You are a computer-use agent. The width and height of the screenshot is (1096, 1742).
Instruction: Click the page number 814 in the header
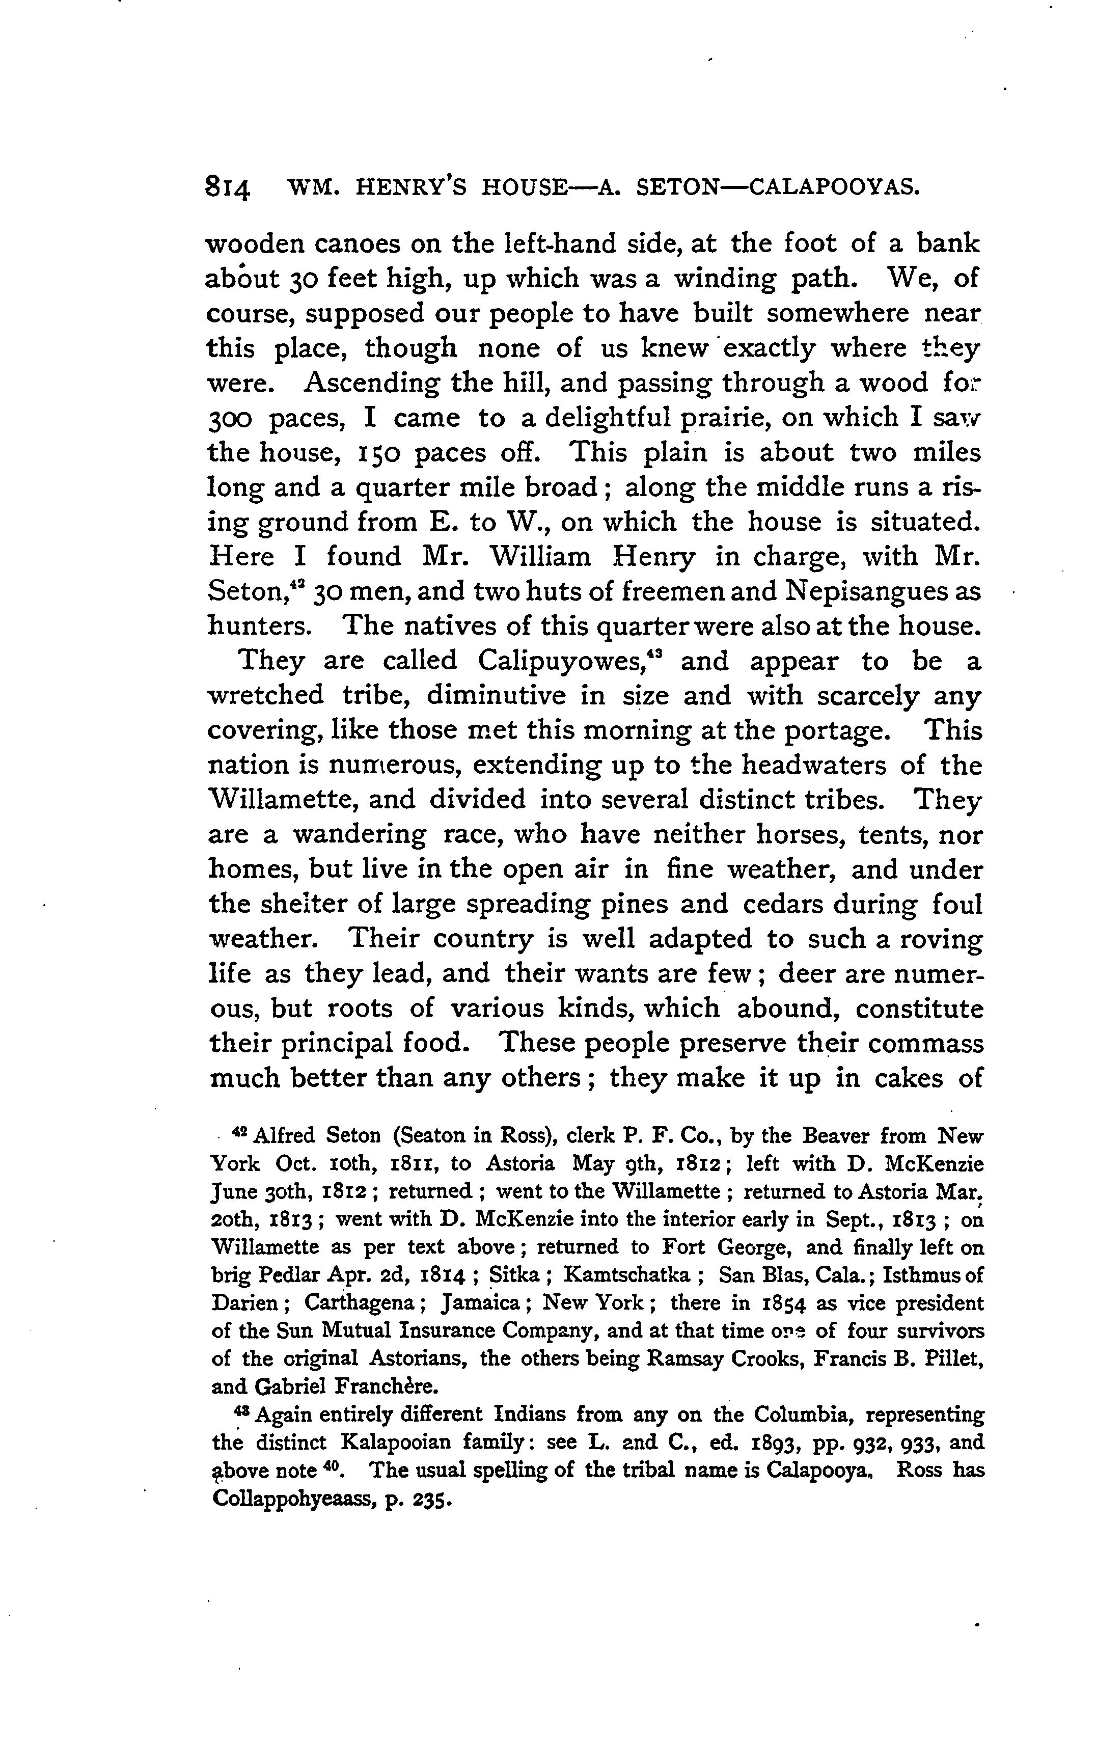[228, 189]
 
